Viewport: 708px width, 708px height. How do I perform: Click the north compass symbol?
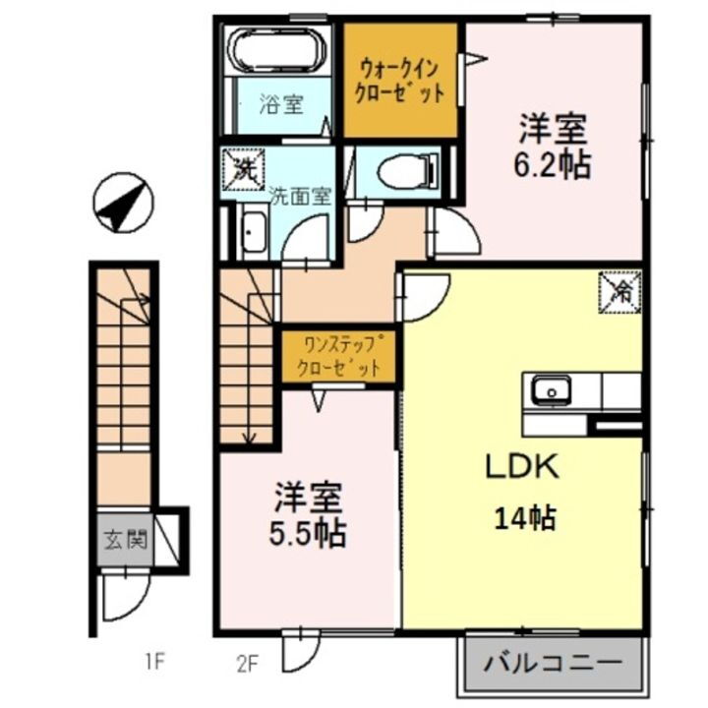123,203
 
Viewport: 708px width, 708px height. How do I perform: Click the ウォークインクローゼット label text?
400,82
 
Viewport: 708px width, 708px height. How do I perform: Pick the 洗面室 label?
299,195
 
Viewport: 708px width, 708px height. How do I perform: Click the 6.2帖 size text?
554,165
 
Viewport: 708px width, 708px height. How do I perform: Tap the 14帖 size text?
524,516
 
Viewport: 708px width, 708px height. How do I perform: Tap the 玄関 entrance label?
125,539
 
